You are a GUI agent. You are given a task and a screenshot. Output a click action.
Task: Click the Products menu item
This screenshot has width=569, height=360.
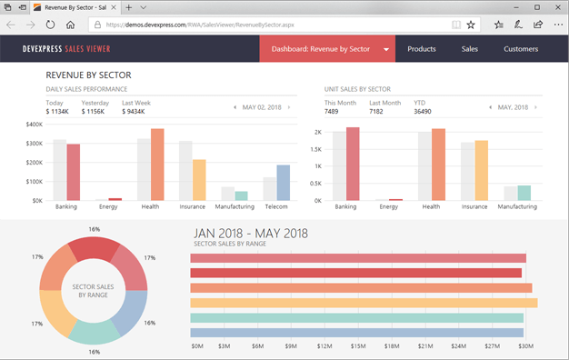421,49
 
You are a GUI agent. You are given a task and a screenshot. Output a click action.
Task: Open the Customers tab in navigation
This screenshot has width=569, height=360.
521,49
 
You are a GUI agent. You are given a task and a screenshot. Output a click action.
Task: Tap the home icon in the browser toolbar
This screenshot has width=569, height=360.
71,25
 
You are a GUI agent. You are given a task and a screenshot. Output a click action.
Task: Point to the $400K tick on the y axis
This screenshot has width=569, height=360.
35,125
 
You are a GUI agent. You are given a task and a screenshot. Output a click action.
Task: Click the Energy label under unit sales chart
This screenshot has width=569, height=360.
388,207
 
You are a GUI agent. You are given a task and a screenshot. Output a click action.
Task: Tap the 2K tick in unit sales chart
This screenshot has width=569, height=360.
317,132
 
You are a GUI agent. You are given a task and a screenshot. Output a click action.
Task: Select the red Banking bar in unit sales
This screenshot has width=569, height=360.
353,164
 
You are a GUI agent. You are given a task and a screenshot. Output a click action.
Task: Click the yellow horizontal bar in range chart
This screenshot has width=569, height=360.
364,303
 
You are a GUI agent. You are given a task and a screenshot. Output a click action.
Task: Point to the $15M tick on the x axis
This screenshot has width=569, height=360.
358,345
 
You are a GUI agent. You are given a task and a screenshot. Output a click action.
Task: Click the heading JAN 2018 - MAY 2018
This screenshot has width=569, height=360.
251,233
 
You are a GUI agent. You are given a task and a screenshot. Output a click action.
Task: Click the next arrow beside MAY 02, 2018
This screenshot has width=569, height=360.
289,107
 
